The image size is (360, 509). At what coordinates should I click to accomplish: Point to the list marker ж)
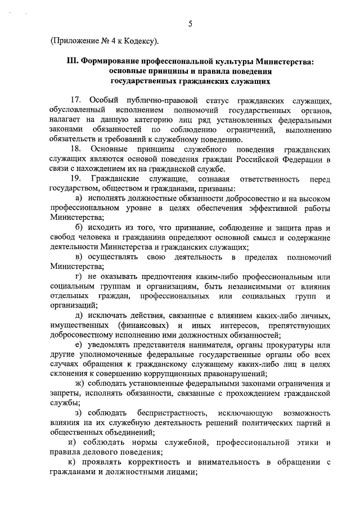tap(79, 384)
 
